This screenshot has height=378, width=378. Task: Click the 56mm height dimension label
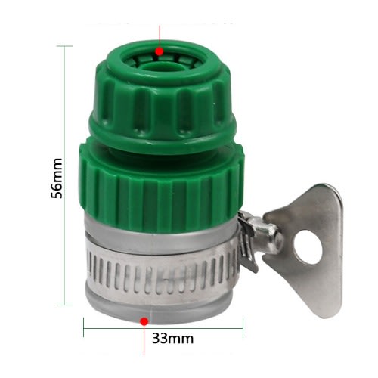(x=57, y=178)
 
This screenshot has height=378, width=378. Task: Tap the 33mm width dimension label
(x=172, y=339)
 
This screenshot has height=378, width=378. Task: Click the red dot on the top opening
(x=160, y=51)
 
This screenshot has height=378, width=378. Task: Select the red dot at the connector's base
(x=144, y=321)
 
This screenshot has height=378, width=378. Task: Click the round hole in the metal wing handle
(x=308, y=247)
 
